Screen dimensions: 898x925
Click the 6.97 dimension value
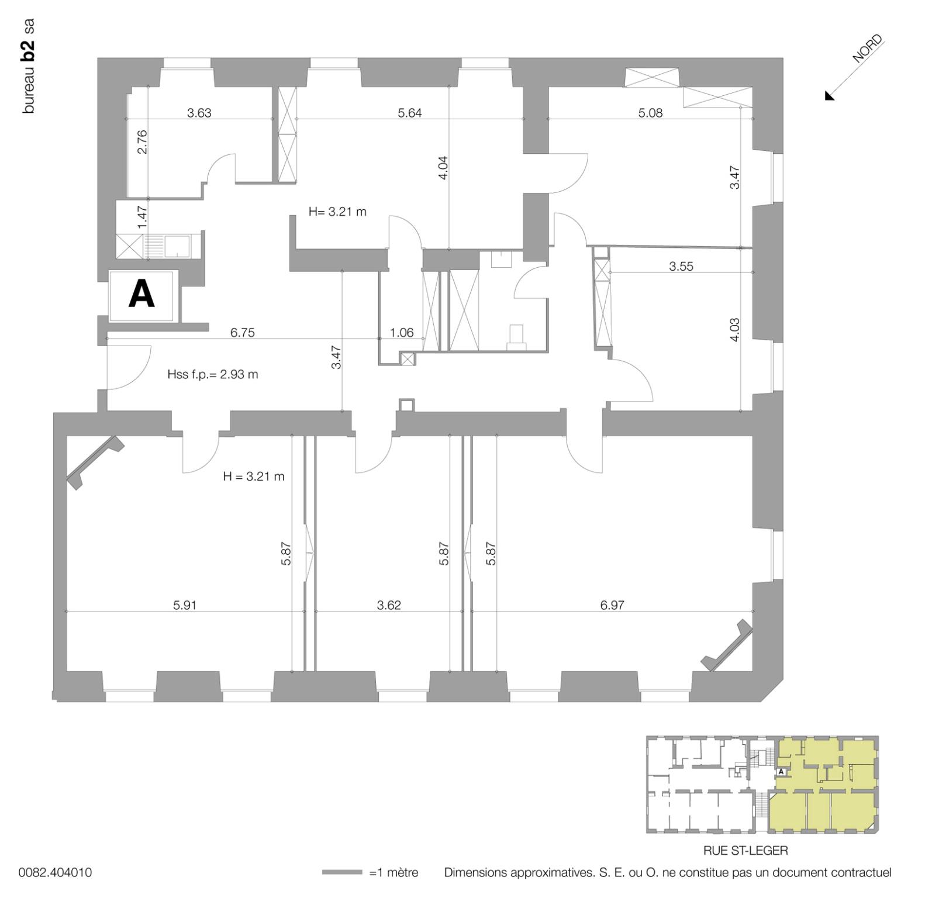pos(612,605)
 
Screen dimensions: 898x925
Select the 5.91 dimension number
pos(184,605)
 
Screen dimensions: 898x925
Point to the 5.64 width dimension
pos(409,113)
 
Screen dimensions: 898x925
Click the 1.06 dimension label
pos(402,333)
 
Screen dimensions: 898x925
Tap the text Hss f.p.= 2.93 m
pos(212,374)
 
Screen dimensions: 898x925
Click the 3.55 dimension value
pos(681,267)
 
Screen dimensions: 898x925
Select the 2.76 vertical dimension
pos(142,141)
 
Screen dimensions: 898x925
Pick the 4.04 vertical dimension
pos(443,167)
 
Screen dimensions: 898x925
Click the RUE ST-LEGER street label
pos(745,850)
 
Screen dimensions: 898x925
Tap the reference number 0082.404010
pos(55,873)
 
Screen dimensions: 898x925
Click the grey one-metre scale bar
pos(342,873)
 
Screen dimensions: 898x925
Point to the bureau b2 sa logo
pos(29,66)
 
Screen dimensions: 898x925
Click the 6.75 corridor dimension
pos(242,333)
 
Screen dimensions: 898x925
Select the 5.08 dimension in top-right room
pos(650,113)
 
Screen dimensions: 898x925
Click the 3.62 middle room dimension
pos(389,605)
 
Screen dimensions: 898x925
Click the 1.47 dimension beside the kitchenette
pos(142,216)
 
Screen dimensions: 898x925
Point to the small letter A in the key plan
pos(781,772)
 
